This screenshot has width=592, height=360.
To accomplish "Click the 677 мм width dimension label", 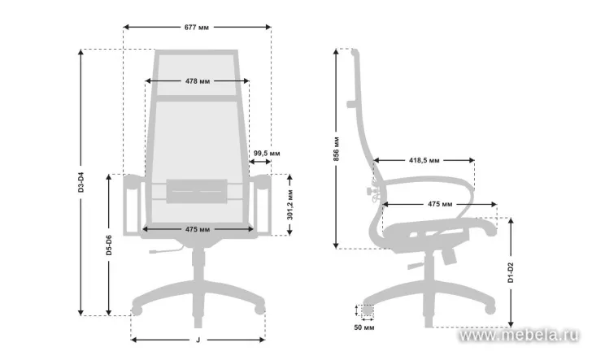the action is pyautogui.click(x=196, y=27).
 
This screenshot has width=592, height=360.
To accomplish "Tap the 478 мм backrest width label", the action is pyautogui.click(x=198, y=81).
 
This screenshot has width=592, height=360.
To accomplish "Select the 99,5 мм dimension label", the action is pyautogui.click(x=267, y=154).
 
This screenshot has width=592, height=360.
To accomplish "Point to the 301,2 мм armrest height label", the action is pyautogui.click(x=289, y=205).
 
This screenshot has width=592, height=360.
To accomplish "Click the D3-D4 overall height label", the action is pyautogui.click(x=81, y=182).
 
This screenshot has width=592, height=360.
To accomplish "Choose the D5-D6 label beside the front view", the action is pyautogui.click(x=109, y=245).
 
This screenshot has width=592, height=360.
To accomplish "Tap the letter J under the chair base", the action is pyautogui.click(x=198, y=340).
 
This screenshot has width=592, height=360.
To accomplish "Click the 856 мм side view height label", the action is pyautogui.click(x=337, y=149).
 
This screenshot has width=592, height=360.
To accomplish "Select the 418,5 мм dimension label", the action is pyautogui.click(x=424, y=160).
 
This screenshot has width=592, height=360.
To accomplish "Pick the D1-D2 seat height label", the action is pyautogui.click(x=511, y=272).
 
